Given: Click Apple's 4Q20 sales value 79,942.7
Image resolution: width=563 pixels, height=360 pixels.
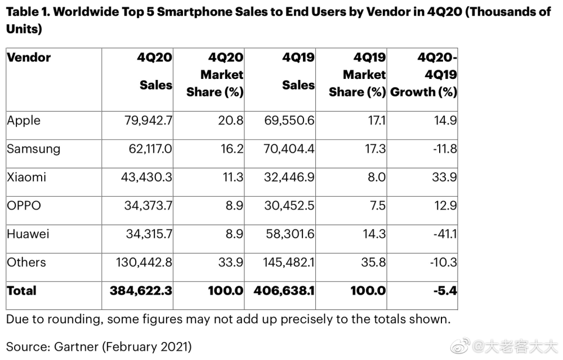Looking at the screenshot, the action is (148, 121).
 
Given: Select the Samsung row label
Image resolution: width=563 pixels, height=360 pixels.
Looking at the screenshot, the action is (33, 149).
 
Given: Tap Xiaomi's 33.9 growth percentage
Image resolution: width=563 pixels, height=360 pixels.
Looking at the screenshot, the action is (445, 177).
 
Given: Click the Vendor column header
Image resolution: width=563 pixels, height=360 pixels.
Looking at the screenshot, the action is (29, 57).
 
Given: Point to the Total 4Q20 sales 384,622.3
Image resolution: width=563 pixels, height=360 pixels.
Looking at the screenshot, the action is (141, 291).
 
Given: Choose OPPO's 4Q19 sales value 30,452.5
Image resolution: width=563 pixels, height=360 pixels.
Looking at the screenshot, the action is (289, 206).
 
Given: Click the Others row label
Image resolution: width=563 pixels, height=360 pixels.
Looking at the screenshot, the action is (26, 263).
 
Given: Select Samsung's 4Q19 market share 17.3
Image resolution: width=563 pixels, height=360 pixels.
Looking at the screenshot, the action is (375, 149).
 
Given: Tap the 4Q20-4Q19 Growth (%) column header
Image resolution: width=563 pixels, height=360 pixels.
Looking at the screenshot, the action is (424, 75).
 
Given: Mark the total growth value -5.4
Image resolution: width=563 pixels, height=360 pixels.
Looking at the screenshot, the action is (445, 291).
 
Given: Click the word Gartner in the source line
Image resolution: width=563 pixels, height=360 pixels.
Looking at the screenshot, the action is (76, 346).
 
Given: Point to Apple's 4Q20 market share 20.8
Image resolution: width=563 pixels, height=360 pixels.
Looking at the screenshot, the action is (230, 121).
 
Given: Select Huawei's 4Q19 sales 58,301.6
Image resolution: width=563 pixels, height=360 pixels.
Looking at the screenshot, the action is (290, 234).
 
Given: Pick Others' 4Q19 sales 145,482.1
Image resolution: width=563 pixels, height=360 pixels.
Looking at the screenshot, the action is (289, 263).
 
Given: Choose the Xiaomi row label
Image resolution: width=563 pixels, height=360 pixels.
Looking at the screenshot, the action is (26, 177).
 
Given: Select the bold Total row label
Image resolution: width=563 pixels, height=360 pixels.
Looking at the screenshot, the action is (21, 291).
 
